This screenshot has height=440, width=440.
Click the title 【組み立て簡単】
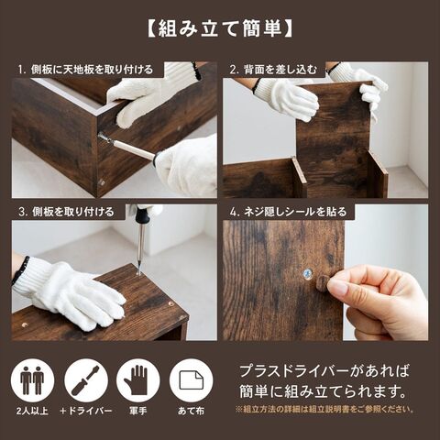tap(220, 29)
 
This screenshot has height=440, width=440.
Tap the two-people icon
tap(32, 380)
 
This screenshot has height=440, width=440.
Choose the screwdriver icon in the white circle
tap(86, 380)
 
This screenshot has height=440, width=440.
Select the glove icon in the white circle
tap(138, 380)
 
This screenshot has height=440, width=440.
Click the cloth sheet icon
tap(192, 380)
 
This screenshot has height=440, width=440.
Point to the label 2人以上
tap(32, 411)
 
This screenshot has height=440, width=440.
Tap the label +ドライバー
tap(86, 411)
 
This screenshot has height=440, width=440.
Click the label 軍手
tap(138, 411)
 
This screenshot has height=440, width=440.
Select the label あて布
tap(192, 411)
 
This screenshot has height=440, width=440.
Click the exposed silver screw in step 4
tap(307, 273)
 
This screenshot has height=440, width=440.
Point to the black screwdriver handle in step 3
tap(143, 214)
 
